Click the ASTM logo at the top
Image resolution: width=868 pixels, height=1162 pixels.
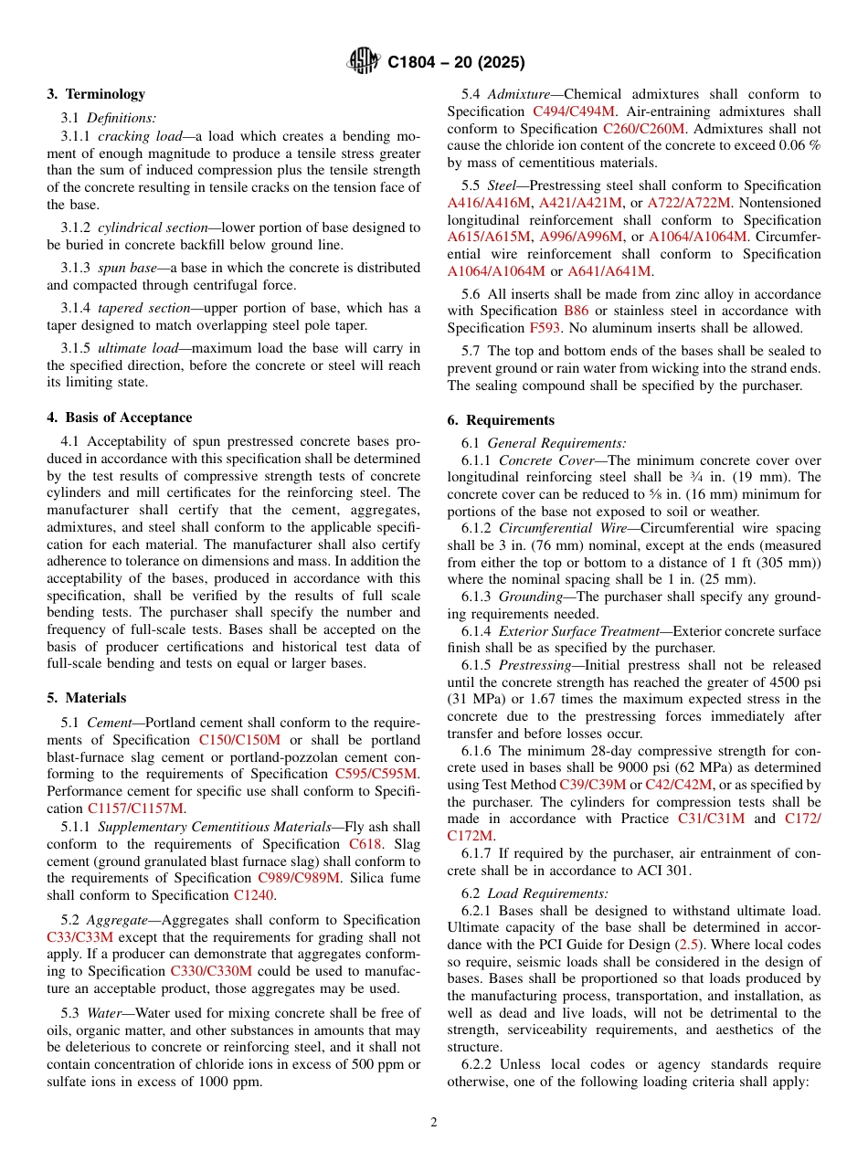pos(364,62)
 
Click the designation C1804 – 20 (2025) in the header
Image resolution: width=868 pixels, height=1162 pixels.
pos(456,63)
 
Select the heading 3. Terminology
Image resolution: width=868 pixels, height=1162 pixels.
pos(96,94)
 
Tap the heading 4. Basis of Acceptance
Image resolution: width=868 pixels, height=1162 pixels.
pos(120,417)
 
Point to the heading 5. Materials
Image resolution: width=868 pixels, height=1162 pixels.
pos(87,698)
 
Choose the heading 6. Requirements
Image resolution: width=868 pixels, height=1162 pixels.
pos(501,420)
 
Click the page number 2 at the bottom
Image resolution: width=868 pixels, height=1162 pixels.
pos(434,1123)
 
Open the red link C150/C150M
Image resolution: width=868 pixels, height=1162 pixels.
pos(239,740)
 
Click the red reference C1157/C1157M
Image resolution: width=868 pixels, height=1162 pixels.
pos(135,808)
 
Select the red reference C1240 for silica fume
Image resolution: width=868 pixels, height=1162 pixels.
pos(253,895)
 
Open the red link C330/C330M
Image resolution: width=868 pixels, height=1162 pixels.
pos(211,971)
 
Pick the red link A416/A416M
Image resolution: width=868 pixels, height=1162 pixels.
pos(488,203)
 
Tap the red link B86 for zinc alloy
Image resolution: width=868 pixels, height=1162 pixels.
pos(577,311)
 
